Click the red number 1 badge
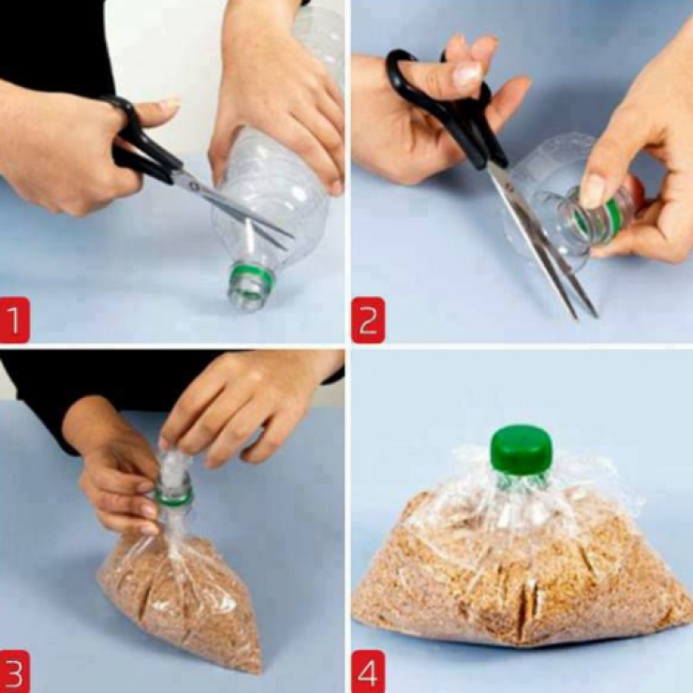point(15,320)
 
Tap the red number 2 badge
point(368,320)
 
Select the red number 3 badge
point(15,671)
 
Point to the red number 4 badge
point(368,671)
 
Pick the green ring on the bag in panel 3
point(174,497)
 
